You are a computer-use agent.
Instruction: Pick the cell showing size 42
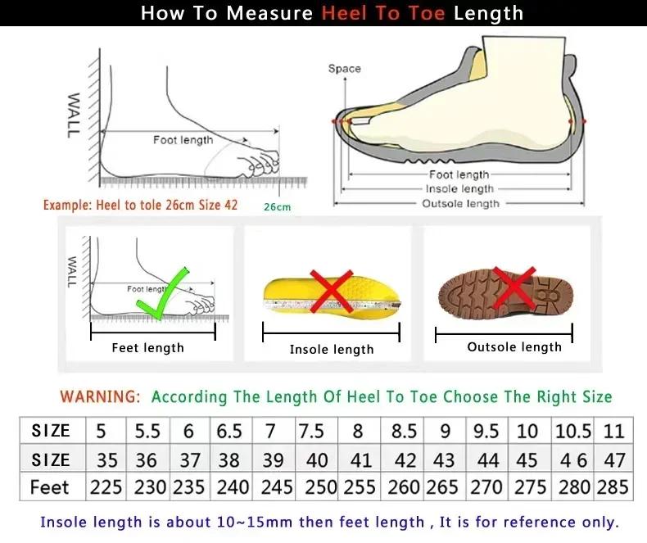405,459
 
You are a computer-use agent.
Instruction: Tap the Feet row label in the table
50,487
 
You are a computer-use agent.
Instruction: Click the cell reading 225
106,487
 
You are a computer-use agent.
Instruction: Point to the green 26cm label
277,207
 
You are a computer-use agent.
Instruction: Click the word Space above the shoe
344,69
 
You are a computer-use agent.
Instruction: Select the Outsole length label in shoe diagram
460,203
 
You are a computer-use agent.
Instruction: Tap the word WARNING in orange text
100,397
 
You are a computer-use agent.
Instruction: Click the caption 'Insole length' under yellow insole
331,350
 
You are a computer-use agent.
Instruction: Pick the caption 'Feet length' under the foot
147,348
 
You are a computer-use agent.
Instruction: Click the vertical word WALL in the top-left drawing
73,115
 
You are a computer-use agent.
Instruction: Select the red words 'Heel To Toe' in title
383,14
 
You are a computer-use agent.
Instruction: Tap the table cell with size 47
614,459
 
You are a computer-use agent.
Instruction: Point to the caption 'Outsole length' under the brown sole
514,347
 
